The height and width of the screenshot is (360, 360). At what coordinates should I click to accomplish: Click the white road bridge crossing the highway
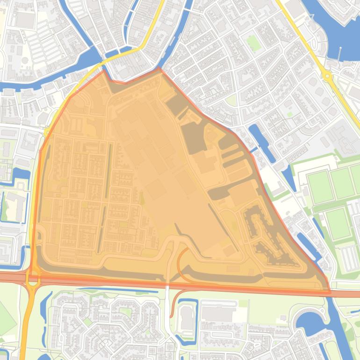coord(167,286)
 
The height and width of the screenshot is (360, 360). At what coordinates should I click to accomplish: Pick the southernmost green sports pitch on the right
coord(338,224)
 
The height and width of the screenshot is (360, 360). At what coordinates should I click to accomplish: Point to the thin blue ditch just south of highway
coord(117,290)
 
